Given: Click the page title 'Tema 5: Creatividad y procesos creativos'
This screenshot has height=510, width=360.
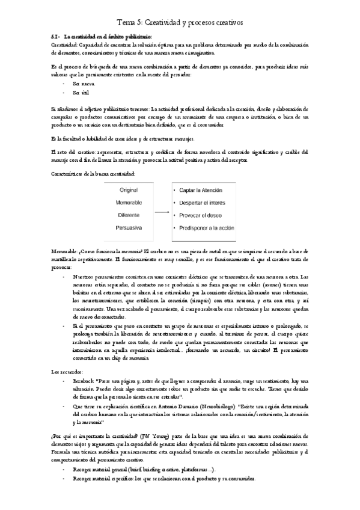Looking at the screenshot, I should pyautogui.click(x=180, y=22).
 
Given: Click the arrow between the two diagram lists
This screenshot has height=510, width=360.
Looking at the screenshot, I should pyautogui.click(x=160, y=212).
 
